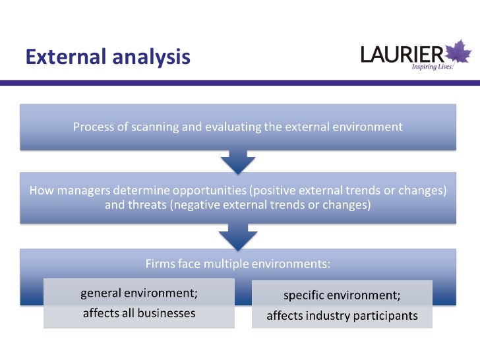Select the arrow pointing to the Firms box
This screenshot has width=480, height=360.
pos(237,235)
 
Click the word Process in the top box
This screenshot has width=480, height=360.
pos(93,127)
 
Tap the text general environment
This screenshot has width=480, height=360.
pos(138,292)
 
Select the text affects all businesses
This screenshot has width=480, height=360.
pos(138,313)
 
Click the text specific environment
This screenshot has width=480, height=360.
pos(342,294)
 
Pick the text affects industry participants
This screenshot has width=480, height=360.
pos(342,316)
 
